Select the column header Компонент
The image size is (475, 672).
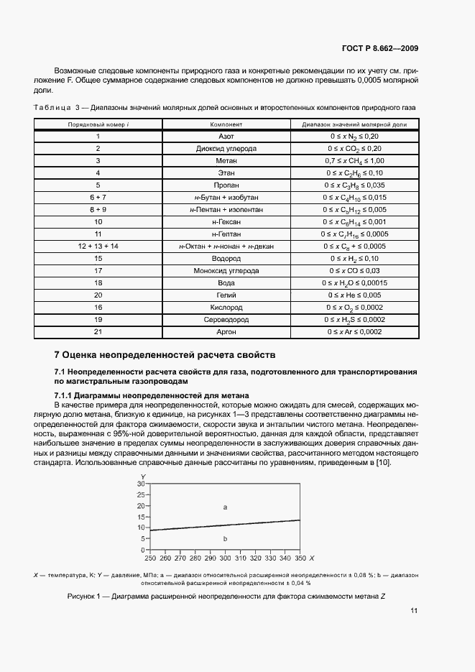(226, 124)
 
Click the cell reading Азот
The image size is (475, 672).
(226, 136)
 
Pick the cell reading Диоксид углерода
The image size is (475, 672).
(226, 148)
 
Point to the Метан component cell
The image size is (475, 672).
(226, 160)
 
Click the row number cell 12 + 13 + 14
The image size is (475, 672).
(98, 246)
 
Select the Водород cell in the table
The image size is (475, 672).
(226, 258)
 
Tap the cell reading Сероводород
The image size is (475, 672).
(226, 319)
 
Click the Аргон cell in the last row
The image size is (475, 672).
(226, 331)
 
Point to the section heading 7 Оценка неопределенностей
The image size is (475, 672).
(164, 354)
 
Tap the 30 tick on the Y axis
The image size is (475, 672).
(141, 484)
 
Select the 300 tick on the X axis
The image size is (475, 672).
(225, 558)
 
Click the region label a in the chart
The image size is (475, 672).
(225, 507)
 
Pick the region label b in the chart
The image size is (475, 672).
(225, 538)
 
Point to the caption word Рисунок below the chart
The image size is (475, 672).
(83, 597)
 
